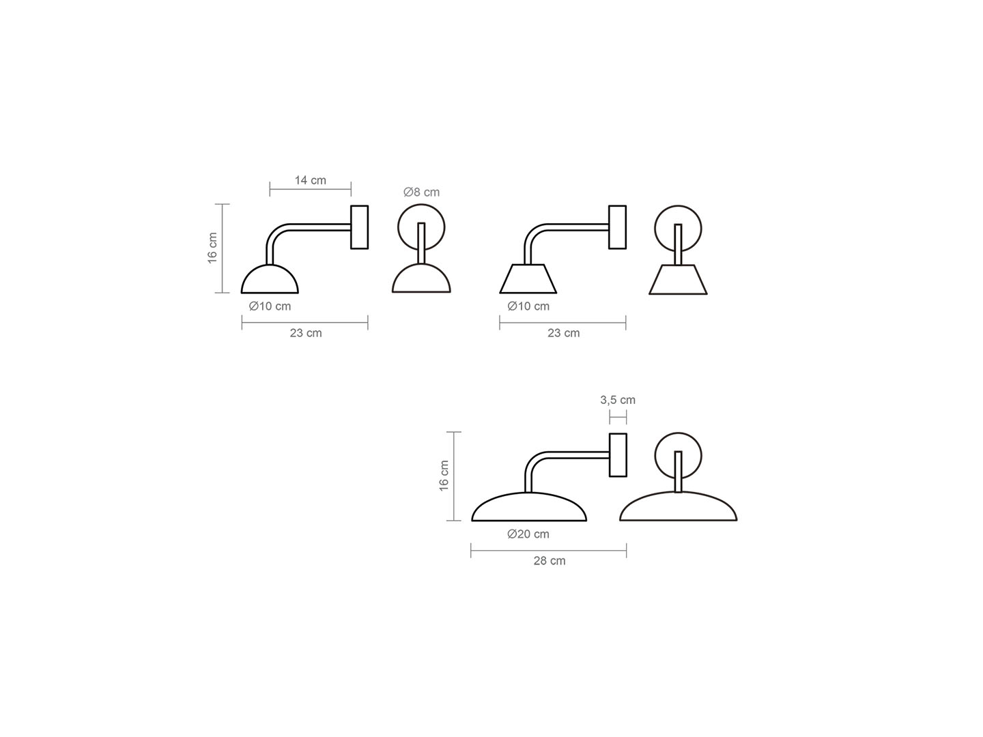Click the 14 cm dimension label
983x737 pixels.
(310, 180)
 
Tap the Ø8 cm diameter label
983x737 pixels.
(421, 192)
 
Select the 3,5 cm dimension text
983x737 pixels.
(618, 400)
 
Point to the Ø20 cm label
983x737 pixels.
(528, 534)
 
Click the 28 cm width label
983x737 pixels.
(550, 561)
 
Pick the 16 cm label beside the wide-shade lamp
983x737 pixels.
(444, 476)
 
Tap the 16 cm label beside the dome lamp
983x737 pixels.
(212, 248)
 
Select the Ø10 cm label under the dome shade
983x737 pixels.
(270, 306)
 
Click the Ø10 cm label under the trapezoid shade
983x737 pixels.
(528, 306)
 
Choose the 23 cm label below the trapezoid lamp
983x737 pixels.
(563, 334)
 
